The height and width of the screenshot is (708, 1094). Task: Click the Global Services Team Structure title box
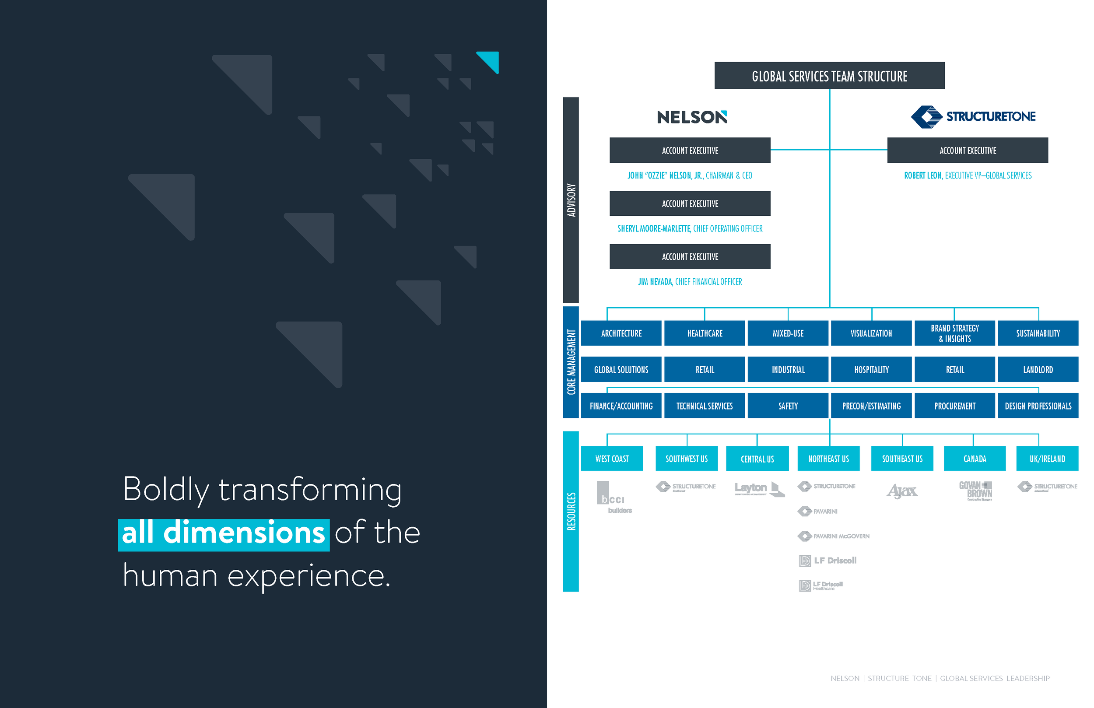click(829, 76)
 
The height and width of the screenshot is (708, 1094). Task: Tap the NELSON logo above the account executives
click(692, 117)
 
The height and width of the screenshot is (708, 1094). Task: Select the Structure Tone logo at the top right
click(973, 116)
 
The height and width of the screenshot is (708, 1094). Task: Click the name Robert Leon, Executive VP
click(968, 175)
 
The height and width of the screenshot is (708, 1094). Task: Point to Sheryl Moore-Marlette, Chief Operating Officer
click(690, 228)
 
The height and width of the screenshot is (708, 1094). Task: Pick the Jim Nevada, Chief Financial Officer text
click(690, 282)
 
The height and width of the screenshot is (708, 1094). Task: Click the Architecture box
click(621, 333)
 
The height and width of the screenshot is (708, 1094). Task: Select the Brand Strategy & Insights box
click(955, 333)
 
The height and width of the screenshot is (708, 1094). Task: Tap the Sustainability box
click(1038, 333)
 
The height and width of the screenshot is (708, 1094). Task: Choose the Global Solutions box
click(621, 370)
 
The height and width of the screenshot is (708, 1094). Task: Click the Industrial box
click(788, 370)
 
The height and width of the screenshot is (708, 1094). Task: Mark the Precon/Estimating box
click(871, 406)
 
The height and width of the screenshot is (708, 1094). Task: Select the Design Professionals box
click(1038, 406)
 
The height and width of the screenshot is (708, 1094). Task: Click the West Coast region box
click(612, 459)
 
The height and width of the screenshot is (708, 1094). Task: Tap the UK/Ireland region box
click(1047, 459)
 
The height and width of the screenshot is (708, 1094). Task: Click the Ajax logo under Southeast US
click(902, 491)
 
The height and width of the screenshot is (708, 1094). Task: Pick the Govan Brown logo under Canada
click(975, 491)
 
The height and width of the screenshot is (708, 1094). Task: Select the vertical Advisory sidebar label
click(571, 200)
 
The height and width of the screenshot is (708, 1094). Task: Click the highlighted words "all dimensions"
click(224, 534)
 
